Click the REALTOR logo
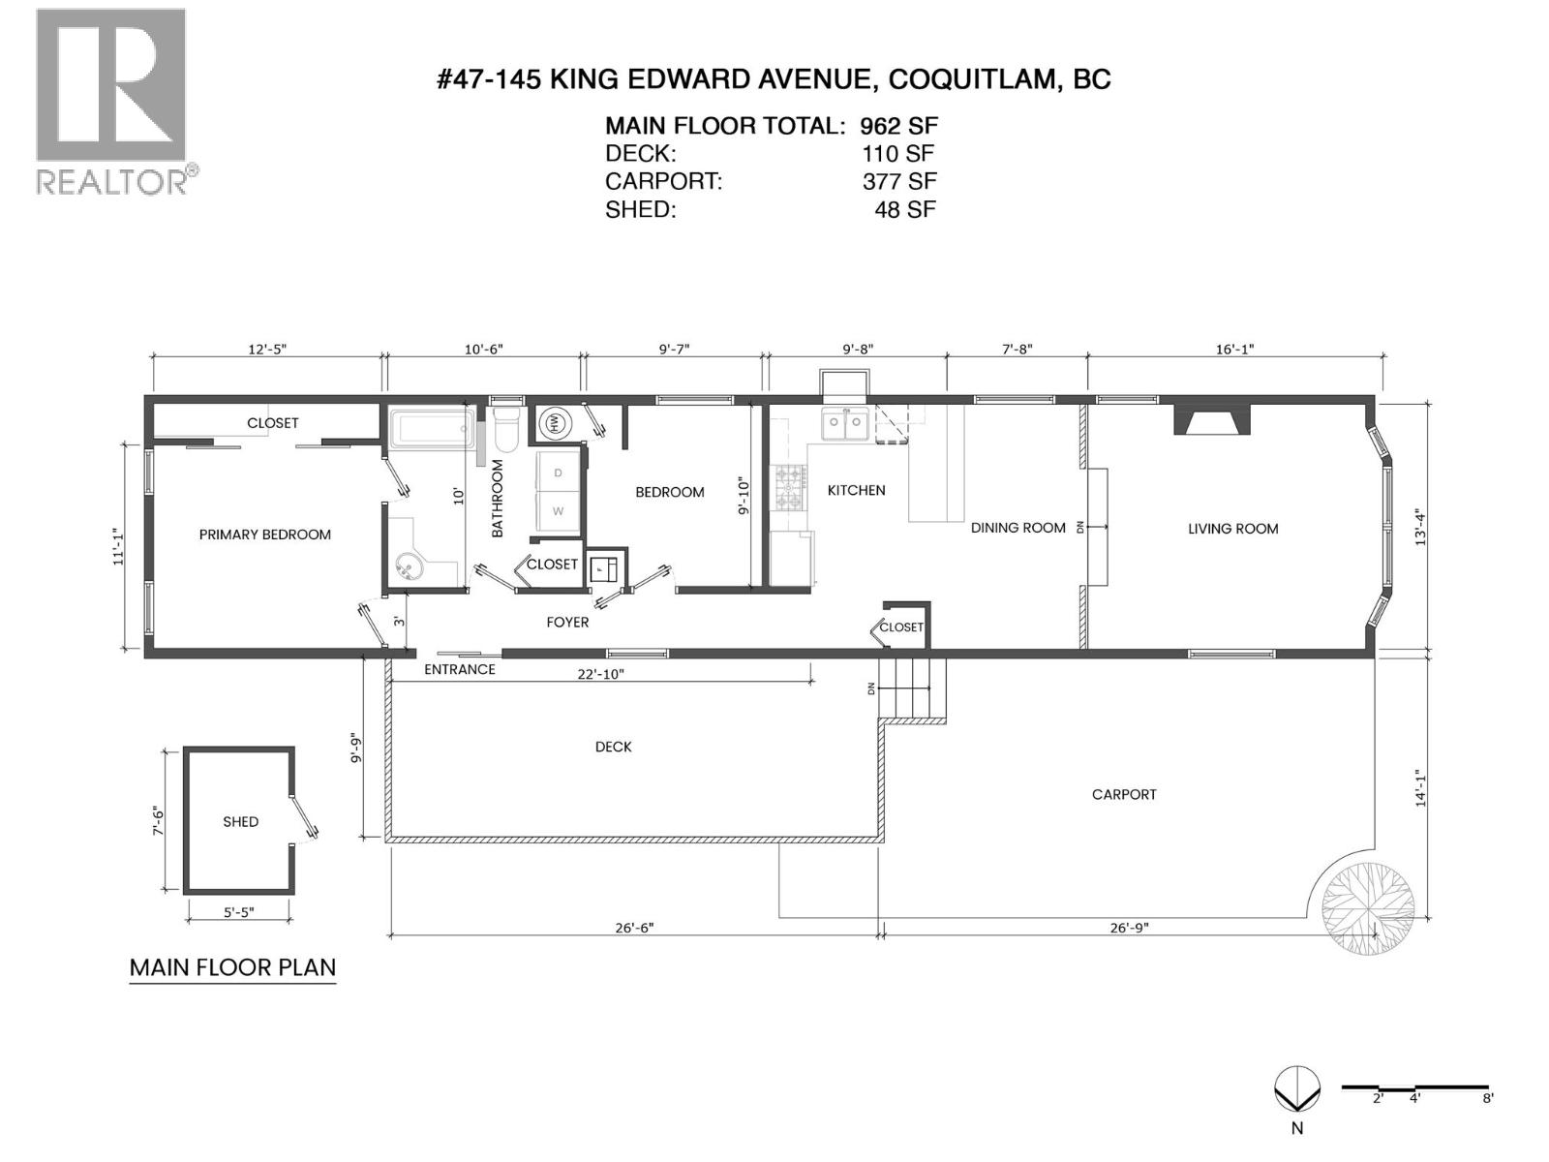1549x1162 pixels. [110, 101]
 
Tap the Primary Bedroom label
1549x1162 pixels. [264, 535]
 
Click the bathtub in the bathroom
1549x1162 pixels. [432, 428]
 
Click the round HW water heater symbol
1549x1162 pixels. [555, 422]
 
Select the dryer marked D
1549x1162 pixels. [558, 473]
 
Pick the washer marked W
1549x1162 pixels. [558, 510]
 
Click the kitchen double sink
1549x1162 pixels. [844, 423]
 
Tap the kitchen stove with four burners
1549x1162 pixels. [788, 487]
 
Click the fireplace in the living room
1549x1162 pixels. [1212, 419]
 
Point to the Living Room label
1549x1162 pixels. [1232, 529]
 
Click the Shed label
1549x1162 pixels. [240, 822]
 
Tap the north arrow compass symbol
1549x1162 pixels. [1296, 1091]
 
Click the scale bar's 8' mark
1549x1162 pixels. [1487, 1097]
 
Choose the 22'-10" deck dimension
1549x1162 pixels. [600, 674]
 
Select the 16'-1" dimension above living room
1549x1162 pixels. [1234, 350]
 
